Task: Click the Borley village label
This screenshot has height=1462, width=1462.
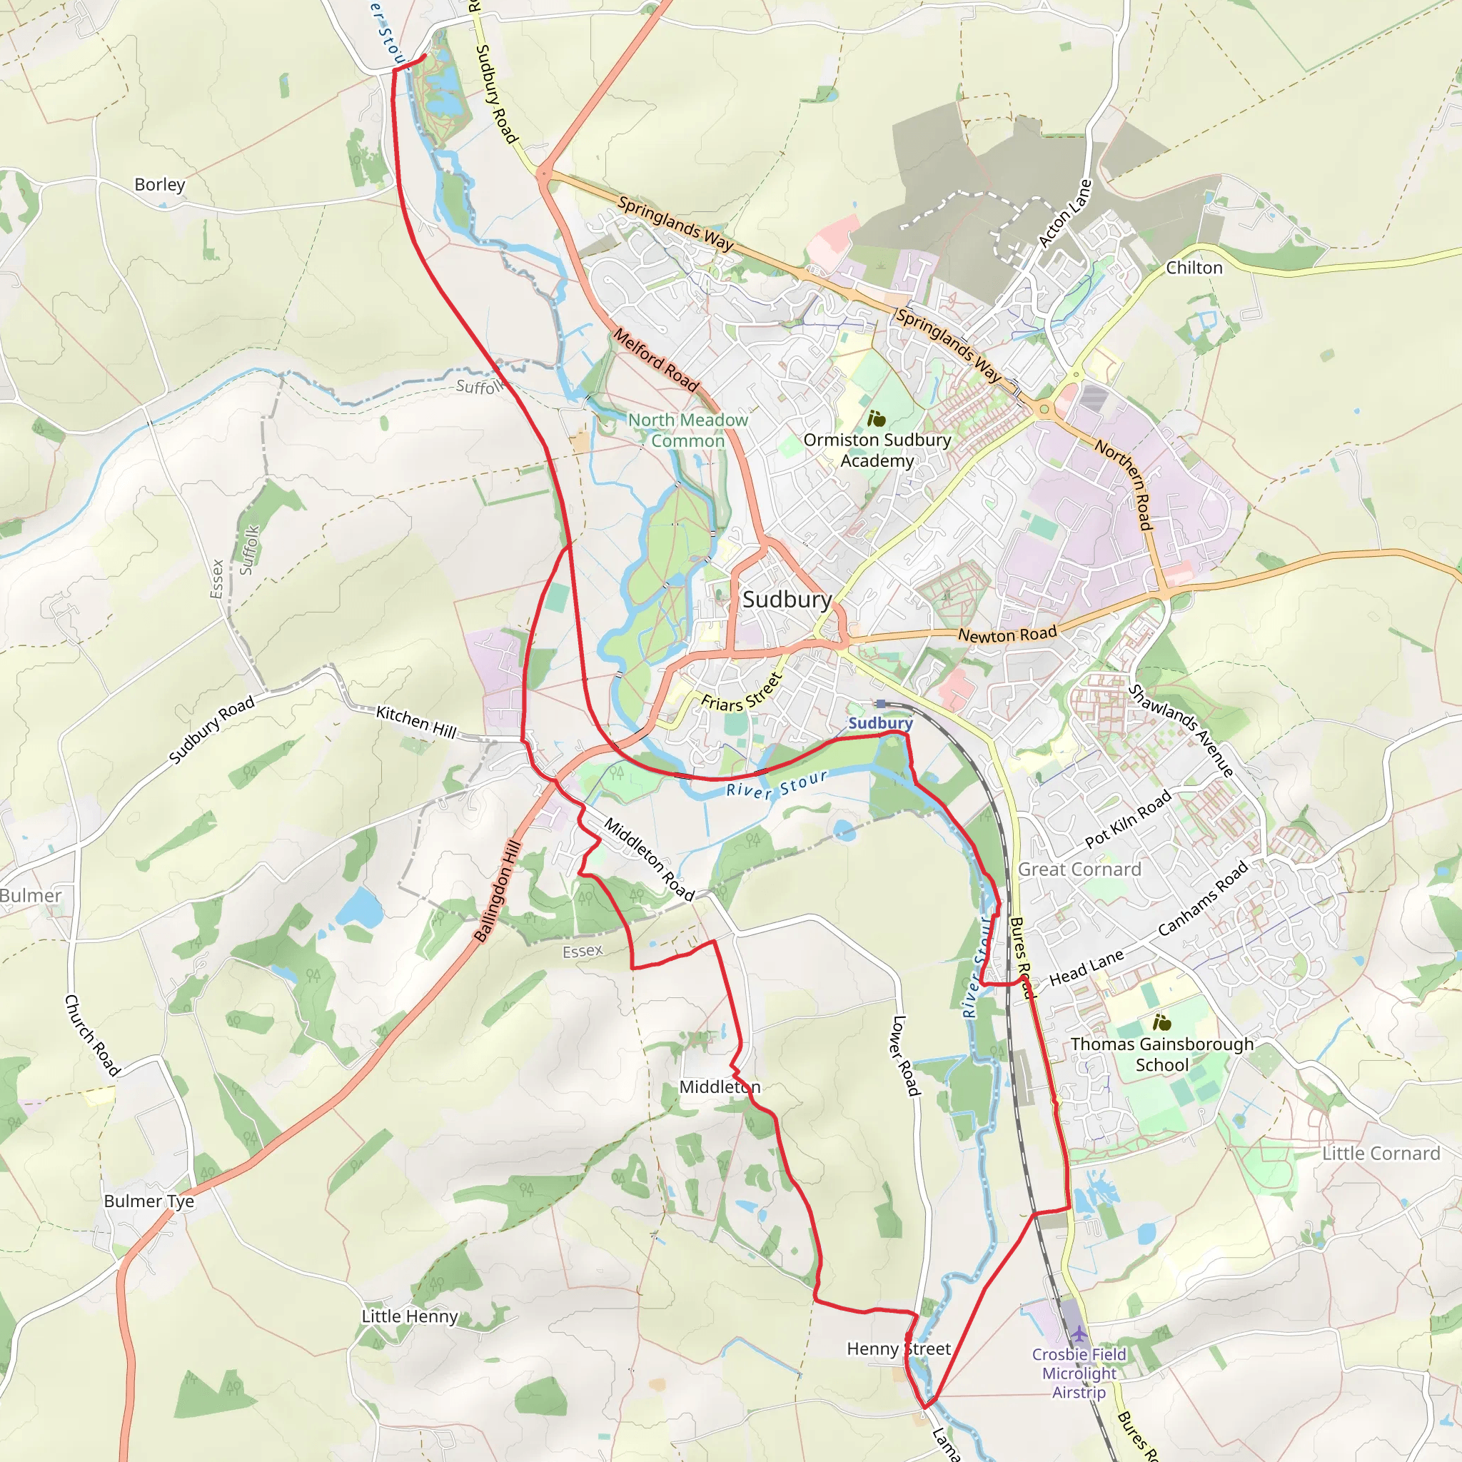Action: pos(160,185)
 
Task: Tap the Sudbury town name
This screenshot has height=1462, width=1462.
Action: pos(787,600)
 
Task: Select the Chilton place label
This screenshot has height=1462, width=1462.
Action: pos(1194,268)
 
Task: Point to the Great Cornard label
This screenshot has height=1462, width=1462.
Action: pos(1079,869)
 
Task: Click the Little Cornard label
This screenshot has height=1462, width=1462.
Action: pos(1381,1154)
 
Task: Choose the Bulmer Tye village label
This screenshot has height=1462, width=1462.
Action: pos(149,1201)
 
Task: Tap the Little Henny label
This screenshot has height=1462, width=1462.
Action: pos(409,1316)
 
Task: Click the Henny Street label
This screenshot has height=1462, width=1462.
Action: pos(898,1348)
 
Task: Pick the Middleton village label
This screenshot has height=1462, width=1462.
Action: pos(720,1087)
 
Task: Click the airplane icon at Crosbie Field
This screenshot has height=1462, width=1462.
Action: pos(1079,1334)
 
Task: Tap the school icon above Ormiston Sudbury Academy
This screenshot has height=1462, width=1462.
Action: pos(877,418)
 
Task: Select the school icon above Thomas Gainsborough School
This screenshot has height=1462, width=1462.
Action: pos(1162,1023)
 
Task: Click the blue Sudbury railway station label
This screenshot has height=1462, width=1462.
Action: pos(880,722)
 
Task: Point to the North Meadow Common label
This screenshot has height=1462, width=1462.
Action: pos(688,430)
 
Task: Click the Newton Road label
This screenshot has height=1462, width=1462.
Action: pos(1007,634)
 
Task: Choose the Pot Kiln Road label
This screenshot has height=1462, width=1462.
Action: pos(1129,818)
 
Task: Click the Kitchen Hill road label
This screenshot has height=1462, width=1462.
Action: pos(416,722)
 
